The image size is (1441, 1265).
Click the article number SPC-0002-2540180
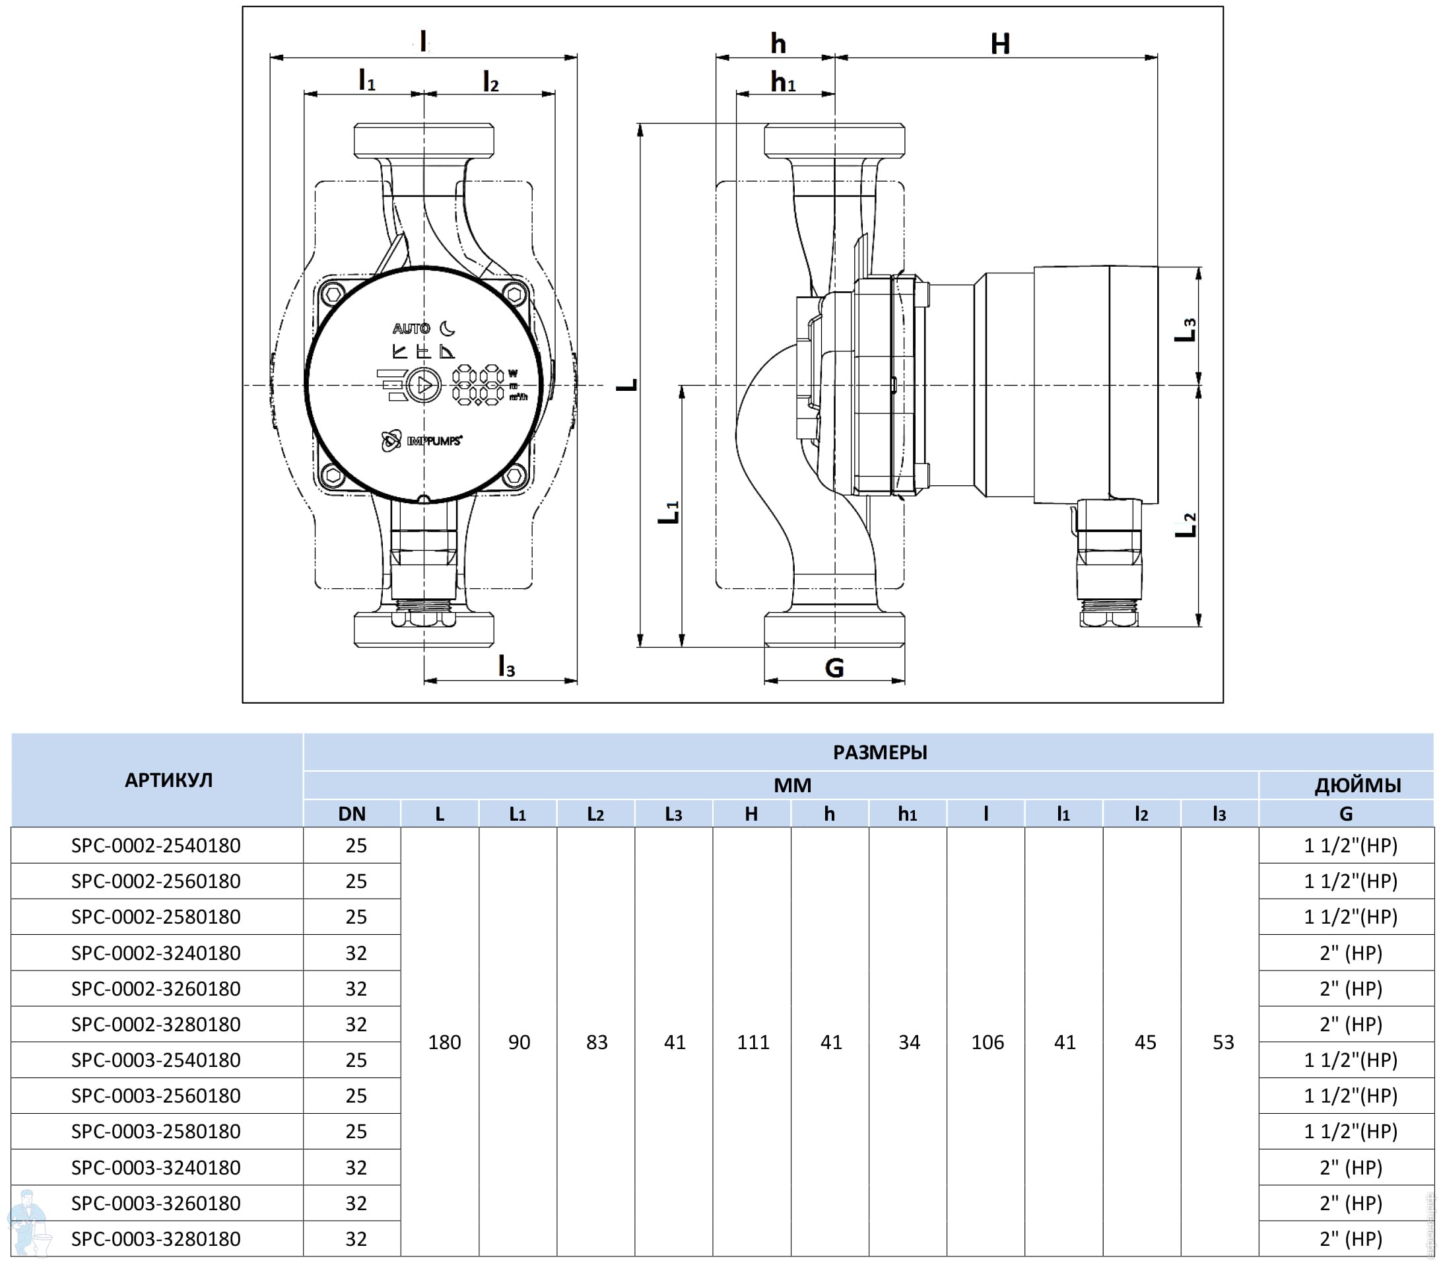pyautogui.click(x=156, y=846)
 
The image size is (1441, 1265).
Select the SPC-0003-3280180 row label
pyautogui.click(x=156, y=1239)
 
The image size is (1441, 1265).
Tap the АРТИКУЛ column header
pyautogui.click(x=168, y=780)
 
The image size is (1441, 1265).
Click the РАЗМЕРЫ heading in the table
pyautogui.click(x=880, y=753)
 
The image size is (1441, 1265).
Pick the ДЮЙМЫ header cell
pyautogui.click(x=1357, y=785)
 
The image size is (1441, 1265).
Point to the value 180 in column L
pyautogui.click(x=444, y=1043)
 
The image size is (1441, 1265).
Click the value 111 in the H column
pyautogui.click(x=753, y=1043)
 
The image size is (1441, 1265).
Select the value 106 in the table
pyautogui.click(x=987, y=1043)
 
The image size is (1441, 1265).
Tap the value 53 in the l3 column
pyautogui.click(x=1223, y=1043)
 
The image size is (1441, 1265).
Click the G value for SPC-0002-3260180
pyautogui.click(x=1350, y=988)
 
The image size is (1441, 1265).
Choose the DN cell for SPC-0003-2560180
pyautogui.click(x=356, y=1096)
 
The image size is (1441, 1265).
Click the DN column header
pyautogui.click(x=352, y=813)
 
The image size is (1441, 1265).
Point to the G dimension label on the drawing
pyautogui.click(x=834, y=667)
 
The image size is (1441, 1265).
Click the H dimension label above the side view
pyautogui.click(x=999, y=44)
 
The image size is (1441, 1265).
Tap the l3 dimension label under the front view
pyautogui.click(x=506, y=666)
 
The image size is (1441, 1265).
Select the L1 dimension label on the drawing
pyautogui.click(x=668, y=512)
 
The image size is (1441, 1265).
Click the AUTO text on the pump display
pyautogui.click(x=411, y=329)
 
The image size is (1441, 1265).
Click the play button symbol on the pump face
pyautogui.click(x=424, y=385)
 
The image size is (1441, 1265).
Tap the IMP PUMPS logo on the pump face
pyautogui.click(x=422, y=441)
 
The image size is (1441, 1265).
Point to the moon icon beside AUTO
pyautogui.click(x=447, y=329)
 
